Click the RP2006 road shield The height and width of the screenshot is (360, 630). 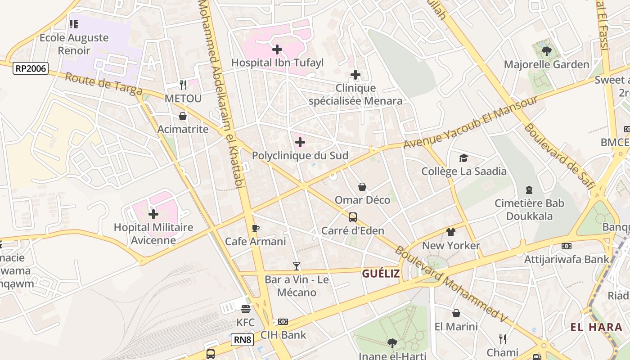tap(31, 68)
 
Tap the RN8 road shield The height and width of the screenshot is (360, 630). tap(242, 339)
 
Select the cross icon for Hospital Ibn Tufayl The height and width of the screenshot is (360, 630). tap(277, 49)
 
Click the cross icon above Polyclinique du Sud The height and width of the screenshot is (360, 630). tap(300, 143)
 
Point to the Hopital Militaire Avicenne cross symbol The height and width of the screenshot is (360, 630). tap(153, 214)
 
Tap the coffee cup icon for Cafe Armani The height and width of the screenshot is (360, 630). tap(256, 229)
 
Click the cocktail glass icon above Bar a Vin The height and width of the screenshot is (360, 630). tap(296, 266)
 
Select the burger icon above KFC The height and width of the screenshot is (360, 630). tap(245, 309)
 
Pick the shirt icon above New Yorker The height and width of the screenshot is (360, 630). tap(451, 232)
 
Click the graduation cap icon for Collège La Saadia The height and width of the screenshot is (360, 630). tap(463, 158)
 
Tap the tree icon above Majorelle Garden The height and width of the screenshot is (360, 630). tap(547, 51)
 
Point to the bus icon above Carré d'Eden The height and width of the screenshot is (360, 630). tap(353, 217)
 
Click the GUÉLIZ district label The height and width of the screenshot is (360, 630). tap(381, 274)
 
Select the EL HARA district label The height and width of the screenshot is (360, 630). tap(596, 327)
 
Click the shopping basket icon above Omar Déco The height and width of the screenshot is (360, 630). tap(362, 187)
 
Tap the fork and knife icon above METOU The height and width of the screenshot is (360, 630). tap(183, 85)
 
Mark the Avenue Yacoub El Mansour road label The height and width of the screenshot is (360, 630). tap(470, 123)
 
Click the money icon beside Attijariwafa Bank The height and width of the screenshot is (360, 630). tap(567, 246)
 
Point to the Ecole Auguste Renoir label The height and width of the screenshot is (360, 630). tap(74, 44)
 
